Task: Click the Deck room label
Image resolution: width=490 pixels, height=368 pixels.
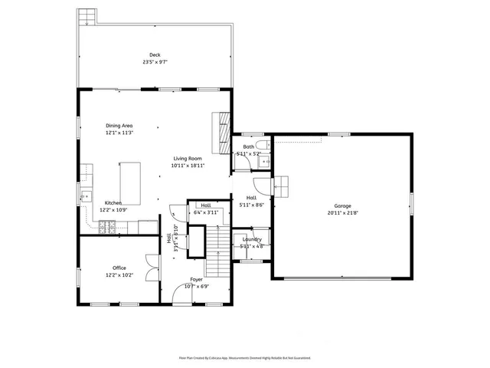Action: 155,54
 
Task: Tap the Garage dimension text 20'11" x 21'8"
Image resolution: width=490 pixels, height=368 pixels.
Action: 341,214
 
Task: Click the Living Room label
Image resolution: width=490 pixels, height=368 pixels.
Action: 187,159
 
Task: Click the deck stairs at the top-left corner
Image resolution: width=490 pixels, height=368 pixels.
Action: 87,16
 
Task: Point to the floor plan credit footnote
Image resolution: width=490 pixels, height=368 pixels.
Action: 245,357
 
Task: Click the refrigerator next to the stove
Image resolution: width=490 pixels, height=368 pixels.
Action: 148,227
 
